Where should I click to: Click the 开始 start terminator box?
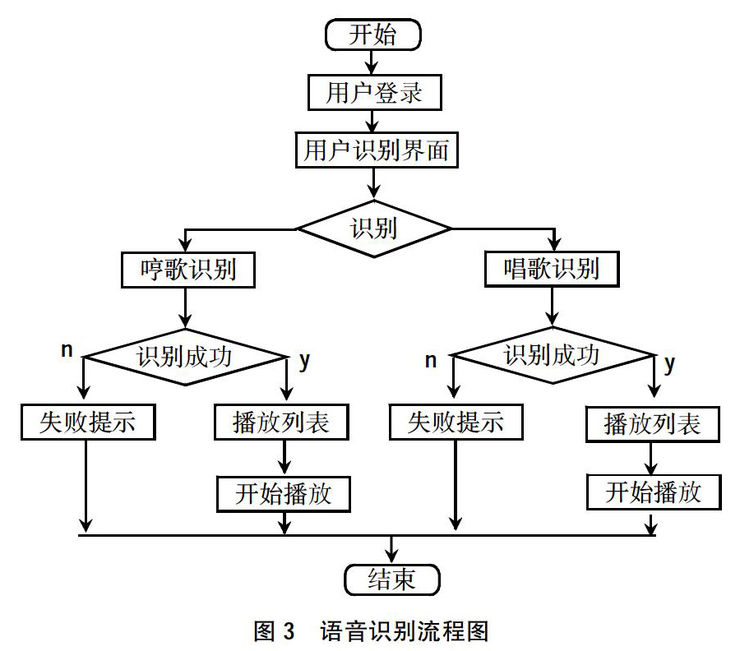[x=372, y=35]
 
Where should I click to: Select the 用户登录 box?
[x=375, y=92]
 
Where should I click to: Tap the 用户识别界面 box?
[x=377, y=150]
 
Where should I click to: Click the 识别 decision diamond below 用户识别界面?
[x=374, y=229]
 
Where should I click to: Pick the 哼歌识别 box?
[x=187, y=270]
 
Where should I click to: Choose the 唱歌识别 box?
[x=552, y=269]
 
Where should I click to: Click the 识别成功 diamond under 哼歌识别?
[x=185, y=357]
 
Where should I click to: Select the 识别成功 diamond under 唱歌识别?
[x=553, y=355]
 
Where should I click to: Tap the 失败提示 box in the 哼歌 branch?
[x=88, y=422]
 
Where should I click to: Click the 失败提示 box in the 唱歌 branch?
[x=456, y=422]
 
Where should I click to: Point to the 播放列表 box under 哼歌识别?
[x=281, y=422]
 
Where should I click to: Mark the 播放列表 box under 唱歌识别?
[x=653, y=424]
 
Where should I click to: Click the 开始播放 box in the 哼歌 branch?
[x=284, y=494]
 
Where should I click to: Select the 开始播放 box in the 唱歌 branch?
[x=654, y=492]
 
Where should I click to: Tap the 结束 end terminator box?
[x=391, y=579]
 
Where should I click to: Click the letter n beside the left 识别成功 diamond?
[x=67, y=350]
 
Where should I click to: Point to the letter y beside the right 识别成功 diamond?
[x=669, y=364]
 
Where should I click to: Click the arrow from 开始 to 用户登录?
[x=372, y=62]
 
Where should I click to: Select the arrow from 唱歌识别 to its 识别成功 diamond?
[x=552, y=307]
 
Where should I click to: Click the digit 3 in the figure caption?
[x=289, y=631]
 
